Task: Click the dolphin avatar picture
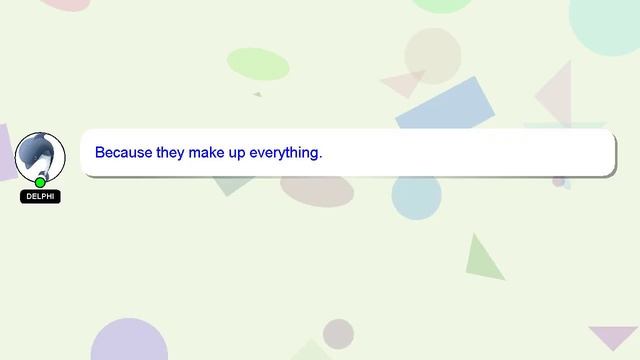point(40,156)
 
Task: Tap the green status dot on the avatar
point(40,182)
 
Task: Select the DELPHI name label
point(40,197)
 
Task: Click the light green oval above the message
point(258,63)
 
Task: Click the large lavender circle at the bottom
point(129,341)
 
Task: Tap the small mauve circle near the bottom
point(338,333)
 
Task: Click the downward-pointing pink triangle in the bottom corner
point(612,336)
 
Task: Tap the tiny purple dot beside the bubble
point(559,181)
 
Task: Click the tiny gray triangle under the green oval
point(258,94)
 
